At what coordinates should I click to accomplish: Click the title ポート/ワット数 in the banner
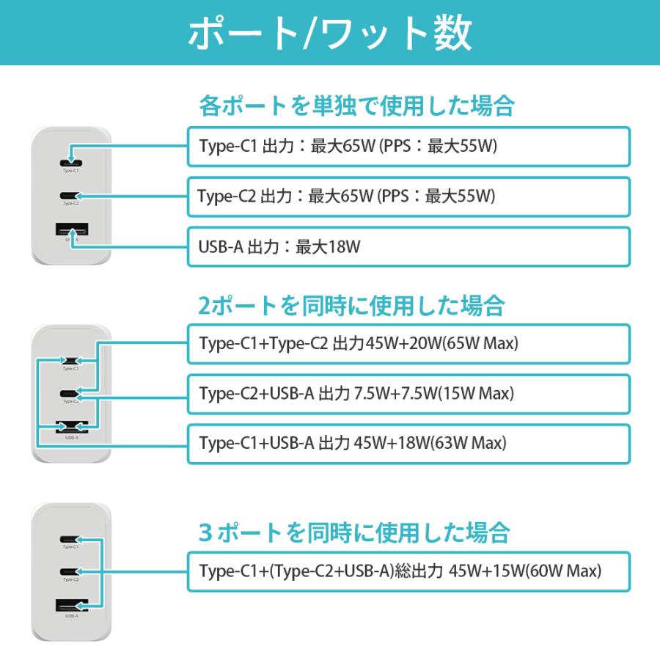pos(330,33)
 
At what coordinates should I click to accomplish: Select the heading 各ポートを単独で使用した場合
pos(356,106)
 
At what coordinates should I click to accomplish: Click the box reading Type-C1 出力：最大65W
pos(408,146)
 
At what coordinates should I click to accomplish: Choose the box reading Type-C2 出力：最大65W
pos(408,197)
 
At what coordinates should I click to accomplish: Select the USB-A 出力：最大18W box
pos(408,247)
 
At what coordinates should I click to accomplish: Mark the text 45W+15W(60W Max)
pos(525,570)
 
